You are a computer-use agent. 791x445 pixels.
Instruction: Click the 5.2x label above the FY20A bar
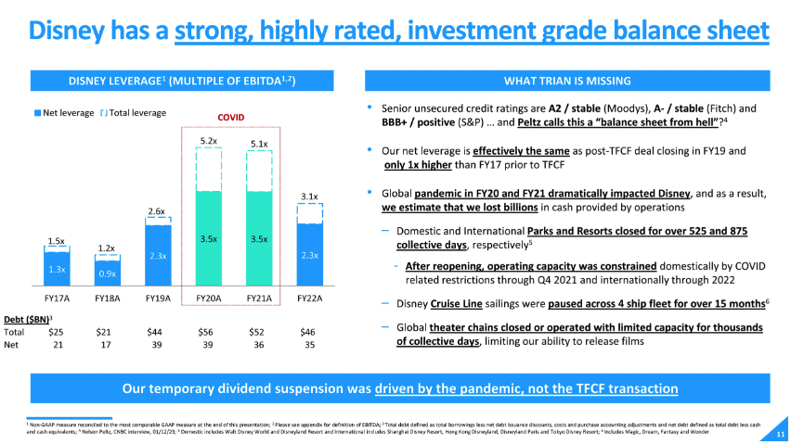click(209, 141)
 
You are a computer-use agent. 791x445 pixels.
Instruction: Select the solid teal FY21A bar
click(260, 238)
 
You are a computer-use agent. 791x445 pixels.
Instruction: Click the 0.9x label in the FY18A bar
click(107, 274)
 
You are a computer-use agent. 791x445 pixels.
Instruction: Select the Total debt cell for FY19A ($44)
click(156, 331)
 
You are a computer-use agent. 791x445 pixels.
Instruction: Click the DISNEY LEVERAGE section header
click(182, 81)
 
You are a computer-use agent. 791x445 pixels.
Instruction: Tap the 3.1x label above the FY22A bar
click(311, 197)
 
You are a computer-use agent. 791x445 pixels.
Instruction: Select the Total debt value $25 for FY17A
click(56, 331)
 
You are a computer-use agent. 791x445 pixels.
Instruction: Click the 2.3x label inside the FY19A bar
click(158, 254)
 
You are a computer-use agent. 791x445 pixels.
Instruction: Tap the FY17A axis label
click(56, 299)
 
